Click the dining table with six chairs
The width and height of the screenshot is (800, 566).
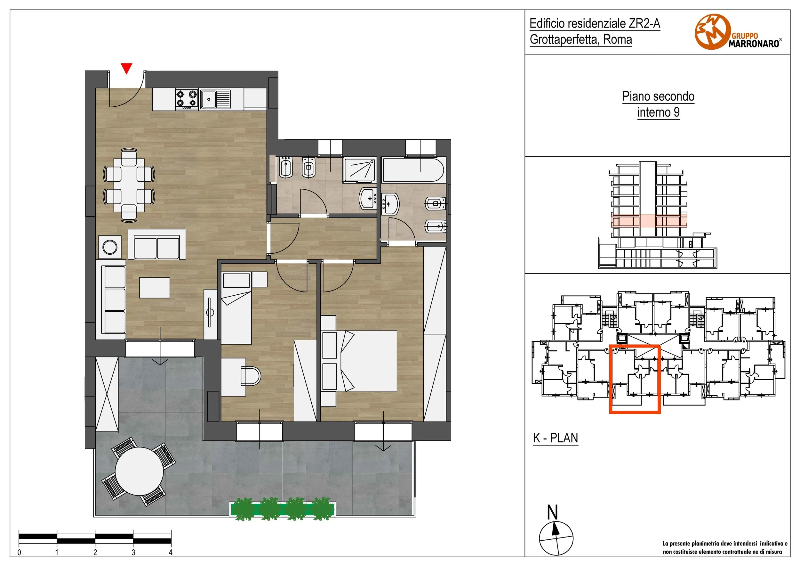[129, 185]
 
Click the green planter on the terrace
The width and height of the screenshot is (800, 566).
[282, 509]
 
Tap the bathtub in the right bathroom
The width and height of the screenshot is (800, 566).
[413, 170]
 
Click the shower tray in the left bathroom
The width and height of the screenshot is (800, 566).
[360, 170]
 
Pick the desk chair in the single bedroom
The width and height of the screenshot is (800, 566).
[251, 376]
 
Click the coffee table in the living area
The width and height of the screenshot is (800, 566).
[155, 288]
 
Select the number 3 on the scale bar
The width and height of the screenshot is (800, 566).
[133, 553]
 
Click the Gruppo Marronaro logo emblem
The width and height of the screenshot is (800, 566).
[712, 32]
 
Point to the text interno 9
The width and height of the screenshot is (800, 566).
[658, 112]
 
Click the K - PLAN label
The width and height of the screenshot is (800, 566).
[556, 438]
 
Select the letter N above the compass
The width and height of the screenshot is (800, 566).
[553, 513]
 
